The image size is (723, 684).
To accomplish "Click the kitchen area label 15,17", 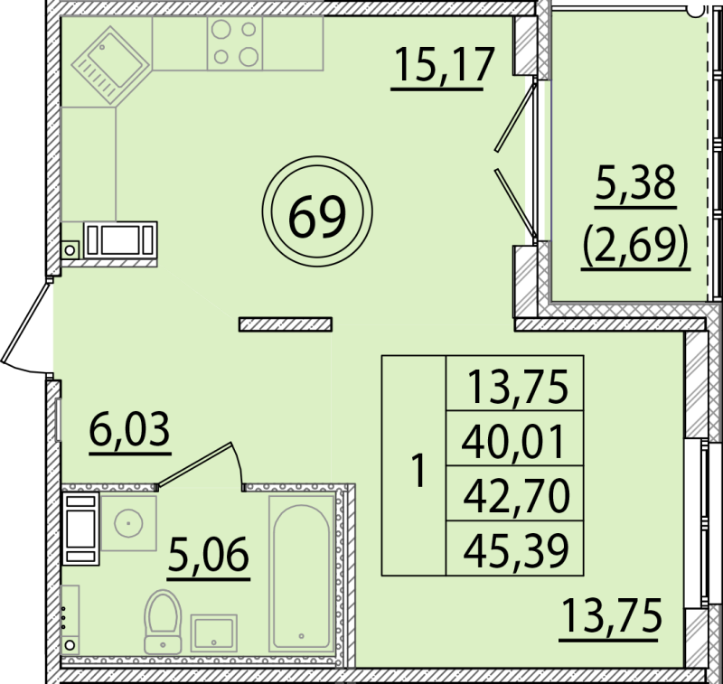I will coord(444,65).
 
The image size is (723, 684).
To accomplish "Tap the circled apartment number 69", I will coord(317,214).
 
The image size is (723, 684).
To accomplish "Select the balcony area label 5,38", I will coord(635,186).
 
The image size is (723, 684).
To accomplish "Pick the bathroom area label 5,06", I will coord(209,554).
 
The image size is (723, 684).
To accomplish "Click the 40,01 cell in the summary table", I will coord(515,442).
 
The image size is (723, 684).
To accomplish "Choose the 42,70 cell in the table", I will coord(515,495).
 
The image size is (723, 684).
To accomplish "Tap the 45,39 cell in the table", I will coord(515,548).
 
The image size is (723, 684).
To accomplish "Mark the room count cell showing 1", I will coord(415,468).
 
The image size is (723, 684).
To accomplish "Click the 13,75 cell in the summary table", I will coord(515,389).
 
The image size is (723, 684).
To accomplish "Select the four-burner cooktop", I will coord(234,42).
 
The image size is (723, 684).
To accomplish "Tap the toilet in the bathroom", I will coord(163,619).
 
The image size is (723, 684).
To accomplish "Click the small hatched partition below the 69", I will coord(286,323).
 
